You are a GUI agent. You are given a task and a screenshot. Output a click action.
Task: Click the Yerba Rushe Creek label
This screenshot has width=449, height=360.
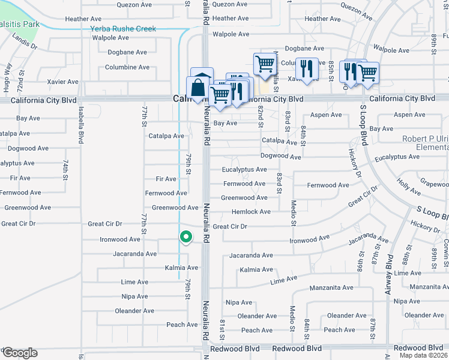click(x=123, y=29)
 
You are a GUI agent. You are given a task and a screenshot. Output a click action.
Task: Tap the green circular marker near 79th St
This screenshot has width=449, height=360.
click(x=186, y=237)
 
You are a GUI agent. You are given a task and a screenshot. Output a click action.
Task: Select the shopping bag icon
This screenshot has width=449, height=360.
click(x=198, y=88)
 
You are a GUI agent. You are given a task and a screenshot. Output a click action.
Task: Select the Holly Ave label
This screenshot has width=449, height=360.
click(x=408, y=188)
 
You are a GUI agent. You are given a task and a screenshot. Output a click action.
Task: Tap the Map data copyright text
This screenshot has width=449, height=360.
click(x=424, y=355)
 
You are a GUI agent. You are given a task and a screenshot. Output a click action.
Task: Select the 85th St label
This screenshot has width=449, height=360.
click(x=331, y=68)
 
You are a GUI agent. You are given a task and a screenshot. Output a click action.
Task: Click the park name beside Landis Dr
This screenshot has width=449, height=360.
click(x=18, y=25)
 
